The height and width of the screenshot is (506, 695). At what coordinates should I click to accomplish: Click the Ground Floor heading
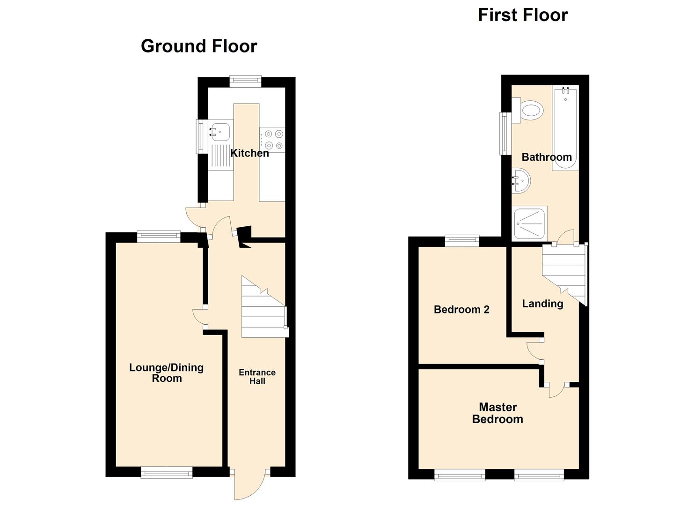[199, 46]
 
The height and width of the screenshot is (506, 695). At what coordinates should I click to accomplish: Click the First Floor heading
[522, 15]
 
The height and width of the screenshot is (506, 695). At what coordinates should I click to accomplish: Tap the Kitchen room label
[249, 153]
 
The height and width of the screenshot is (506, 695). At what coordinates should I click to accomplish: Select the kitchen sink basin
[219, 132]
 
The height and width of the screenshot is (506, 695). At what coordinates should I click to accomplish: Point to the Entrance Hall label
[257, 377]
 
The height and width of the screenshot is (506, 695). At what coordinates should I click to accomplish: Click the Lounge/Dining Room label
[167, 373]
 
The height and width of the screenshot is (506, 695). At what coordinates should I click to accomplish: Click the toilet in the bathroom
[529, 111]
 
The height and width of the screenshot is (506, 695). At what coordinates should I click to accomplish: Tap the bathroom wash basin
[521, 180]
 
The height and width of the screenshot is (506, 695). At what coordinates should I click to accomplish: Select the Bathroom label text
[547, 157]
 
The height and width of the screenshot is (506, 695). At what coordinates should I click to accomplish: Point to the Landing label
[542, 304]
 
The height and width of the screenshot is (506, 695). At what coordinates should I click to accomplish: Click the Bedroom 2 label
[461, 310]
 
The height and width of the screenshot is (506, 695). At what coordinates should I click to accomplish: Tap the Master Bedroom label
[497, 413]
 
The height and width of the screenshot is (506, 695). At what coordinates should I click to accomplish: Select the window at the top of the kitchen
[245, 81]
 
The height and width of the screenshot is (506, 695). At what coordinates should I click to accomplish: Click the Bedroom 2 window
[462, 240]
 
